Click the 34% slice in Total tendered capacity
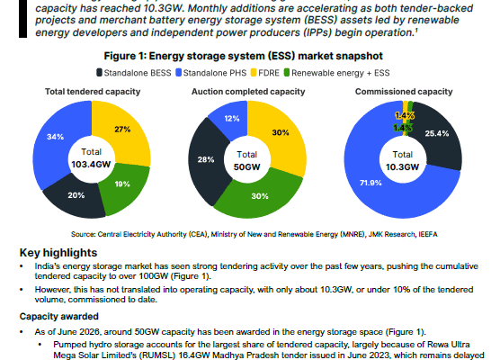coord(55,137)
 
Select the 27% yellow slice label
coord(122,130)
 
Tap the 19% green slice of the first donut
coord(122,184)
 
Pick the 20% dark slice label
coord(76,195)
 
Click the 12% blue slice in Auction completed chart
coord(232,119)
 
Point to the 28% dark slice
coord(206,159)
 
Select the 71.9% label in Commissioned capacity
coord(371,183)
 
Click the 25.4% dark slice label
coord(437,133)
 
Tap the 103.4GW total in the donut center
coord(91,165)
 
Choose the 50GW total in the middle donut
coord(246,166)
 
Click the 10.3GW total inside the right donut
coord(402,166)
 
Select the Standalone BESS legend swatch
coord(100,73)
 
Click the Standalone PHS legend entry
coord(211,73)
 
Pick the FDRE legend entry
coord(265,73)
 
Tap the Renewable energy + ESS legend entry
coord(336,73)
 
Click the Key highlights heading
coord(58,253)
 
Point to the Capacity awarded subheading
coord(59,316)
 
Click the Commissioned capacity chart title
coord(404,92)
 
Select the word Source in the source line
coord(83,234)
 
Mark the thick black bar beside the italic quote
coord(23,19)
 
